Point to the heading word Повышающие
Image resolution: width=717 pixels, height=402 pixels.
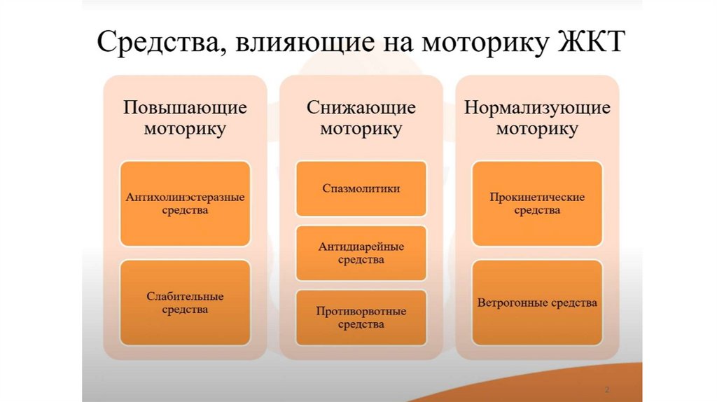pyautogui.click(x=185, y=108)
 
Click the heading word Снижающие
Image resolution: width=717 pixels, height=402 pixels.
pyautogui.click(x=361, y=108)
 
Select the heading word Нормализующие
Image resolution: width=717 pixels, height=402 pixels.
pyautogui.click(x=537, y=108)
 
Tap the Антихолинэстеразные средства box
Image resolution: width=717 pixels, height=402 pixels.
pyautogui.click(x=185, y=203)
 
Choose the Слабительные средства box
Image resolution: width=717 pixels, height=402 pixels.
pyautogui.click(x=185, y=303)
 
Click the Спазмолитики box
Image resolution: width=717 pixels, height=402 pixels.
pyautogui.click(x=361, y=188)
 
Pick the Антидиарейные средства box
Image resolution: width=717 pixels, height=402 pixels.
pyautogui.click(x=361, y=253)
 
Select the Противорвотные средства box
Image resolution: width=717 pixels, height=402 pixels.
pyautogui.click(x=361, y=317)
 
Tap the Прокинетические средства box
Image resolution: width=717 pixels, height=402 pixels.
pyautogui.click(x=537, y=203)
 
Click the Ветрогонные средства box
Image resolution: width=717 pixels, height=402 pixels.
pyautogui.click(x=537, y=303)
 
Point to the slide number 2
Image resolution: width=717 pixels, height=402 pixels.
pyautogui.click(x=606, y=389)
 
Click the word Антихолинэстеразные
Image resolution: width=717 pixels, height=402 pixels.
pyautogui.click(x=185, y=197)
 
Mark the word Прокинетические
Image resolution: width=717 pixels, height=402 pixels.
pyautogui.click(x=537, y=197)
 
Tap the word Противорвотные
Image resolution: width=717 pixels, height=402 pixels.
pyautogui.click(x=361, y=311)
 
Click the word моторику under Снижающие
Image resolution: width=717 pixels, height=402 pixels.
pyautogui.click(x=361, y=129)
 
